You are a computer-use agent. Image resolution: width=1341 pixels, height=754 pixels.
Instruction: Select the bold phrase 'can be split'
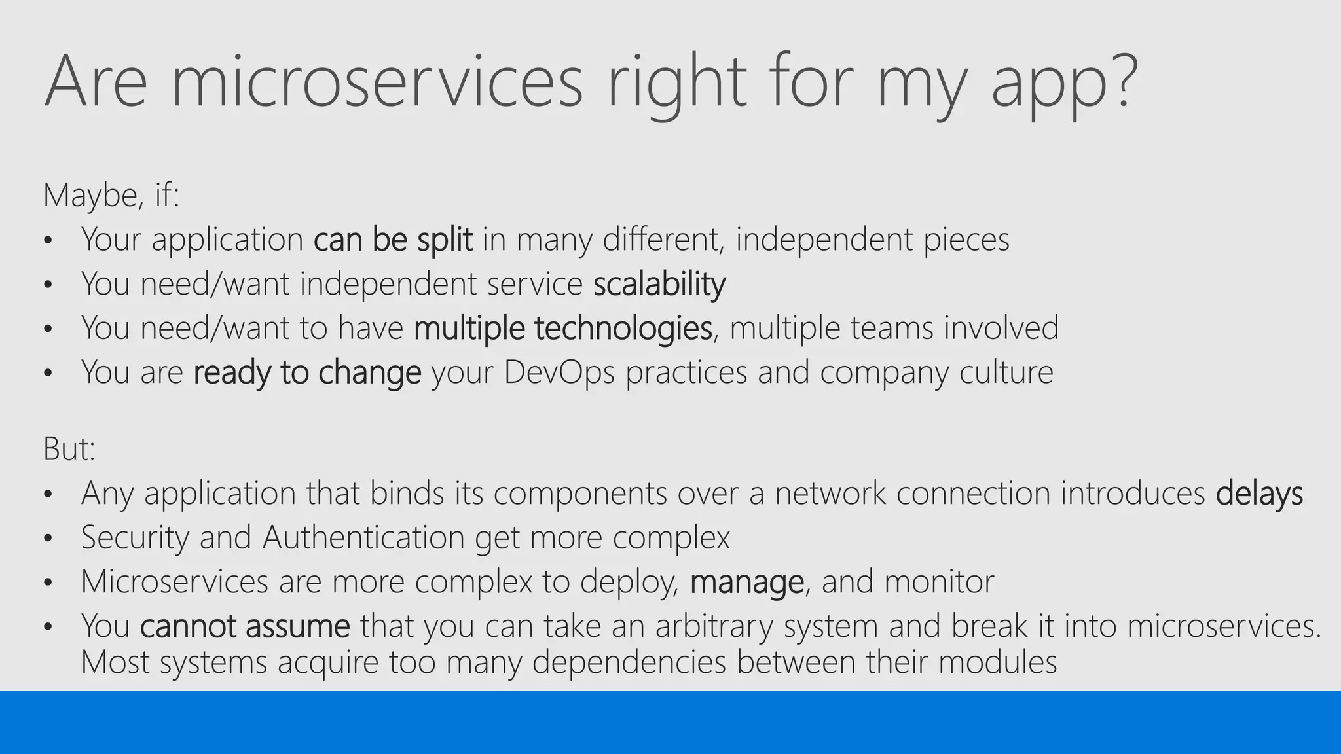(x=393, y=240)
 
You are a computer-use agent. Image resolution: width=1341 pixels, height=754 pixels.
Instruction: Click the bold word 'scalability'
(x=659, y=284)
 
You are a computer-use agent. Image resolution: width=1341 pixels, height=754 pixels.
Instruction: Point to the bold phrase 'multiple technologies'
(x=563, y=328)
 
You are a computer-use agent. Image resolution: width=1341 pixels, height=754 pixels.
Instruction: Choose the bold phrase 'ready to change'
(x=307, y=372)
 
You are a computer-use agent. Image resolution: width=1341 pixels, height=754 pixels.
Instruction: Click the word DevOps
(x=559, y=372)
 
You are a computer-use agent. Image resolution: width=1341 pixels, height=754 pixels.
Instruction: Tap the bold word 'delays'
(x=1259, y=493)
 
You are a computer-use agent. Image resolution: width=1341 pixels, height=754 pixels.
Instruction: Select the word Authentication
(x=363, y=537)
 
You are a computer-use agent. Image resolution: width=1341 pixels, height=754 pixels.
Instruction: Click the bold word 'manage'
(x=746, y=582)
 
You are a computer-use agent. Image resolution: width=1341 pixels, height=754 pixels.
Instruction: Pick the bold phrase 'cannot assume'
(x=245, y=626)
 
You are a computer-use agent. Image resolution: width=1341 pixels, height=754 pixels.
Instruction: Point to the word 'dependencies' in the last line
(x=629, y=662)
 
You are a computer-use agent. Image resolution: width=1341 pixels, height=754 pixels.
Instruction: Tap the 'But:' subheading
(x=69, y=449)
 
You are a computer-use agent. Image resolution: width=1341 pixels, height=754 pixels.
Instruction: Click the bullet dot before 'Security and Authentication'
(x=48, y=539)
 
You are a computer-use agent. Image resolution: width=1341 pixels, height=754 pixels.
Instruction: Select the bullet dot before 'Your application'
(x=48, y=241)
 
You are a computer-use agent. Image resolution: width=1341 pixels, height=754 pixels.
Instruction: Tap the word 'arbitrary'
(x=714, y=626)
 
